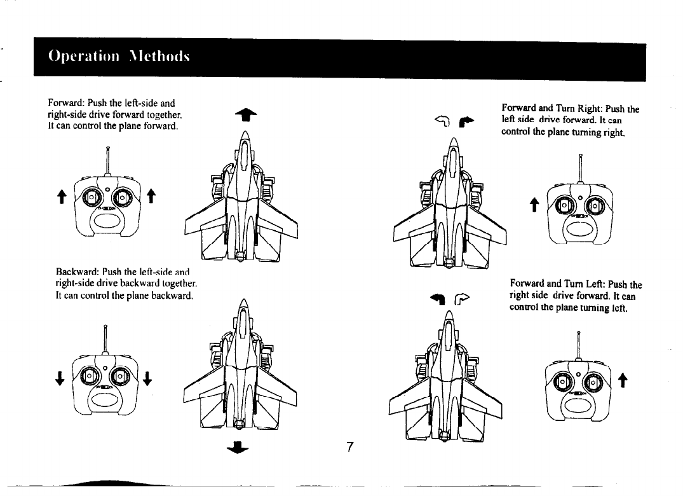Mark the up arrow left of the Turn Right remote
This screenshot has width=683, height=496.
click(x=534, y=204)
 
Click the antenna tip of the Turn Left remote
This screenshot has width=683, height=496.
click(x=579, y=333)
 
